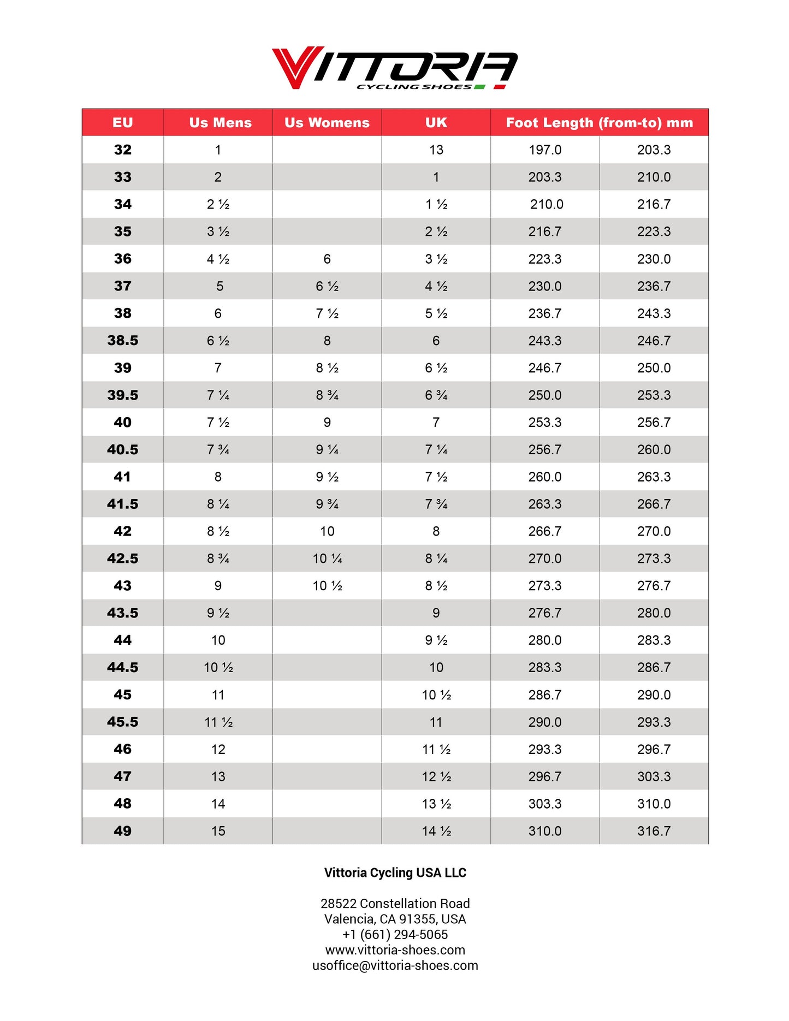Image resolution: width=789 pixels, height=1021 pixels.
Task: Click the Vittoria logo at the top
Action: [x=394, y=68]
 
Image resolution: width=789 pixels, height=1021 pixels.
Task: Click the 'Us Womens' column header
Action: [x=327, y=122]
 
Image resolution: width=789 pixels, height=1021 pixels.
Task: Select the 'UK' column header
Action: [x=436, y=122]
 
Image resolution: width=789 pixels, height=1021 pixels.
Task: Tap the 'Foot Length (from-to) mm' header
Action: [x=599, y=122]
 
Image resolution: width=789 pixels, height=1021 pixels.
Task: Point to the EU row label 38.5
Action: [x=123, y=341]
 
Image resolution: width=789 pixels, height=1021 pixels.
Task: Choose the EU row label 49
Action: [x=123, y=831]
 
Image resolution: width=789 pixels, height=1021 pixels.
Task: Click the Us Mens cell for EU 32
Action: [x=218, y=150]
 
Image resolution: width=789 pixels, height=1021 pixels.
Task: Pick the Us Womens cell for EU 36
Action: [x=327, y=259]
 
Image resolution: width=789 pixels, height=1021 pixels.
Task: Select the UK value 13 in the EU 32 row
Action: [x=436, y=150]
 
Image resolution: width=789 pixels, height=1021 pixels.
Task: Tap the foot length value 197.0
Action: [x=545, y=150]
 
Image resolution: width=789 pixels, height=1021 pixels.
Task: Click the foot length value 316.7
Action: [x=654, y=831]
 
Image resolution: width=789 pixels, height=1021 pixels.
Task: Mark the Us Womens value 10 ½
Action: [x=327, y=586]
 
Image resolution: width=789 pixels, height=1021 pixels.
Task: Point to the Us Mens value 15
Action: [x=218, y=831]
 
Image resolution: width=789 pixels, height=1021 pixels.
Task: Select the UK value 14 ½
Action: [x=436, y=831]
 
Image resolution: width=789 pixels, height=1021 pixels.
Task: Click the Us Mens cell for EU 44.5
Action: [x=218, y=668]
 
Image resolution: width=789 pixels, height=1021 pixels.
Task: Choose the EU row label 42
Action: [x=123, y=531]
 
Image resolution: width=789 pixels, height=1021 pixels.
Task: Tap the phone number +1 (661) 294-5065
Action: [x=395, y=934]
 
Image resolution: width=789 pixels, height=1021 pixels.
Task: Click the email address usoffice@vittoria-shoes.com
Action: [x=395, y=965]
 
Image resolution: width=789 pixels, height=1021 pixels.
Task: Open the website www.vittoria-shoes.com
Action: [x=395, y=950]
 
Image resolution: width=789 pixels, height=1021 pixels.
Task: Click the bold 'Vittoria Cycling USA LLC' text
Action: [x=395, y=872]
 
